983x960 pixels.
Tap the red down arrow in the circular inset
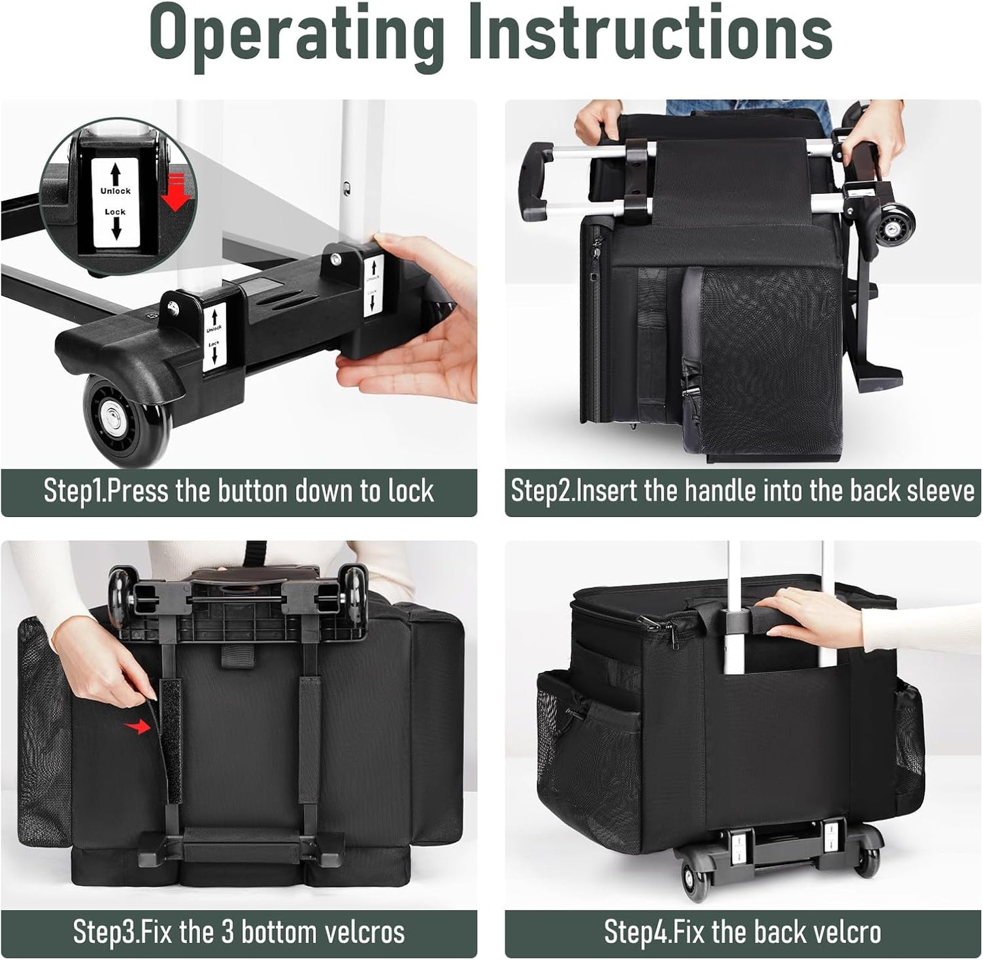(176, 191)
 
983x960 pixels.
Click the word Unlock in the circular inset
(115, 191)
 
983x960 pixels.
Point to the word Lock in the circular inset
(115, 212)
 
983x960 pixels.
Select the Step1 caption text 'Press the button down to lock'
(270, 491)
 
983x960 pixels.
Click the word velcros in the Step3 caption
(364, 931)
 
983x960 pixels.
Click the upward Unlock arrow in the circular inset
(116, 174)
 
